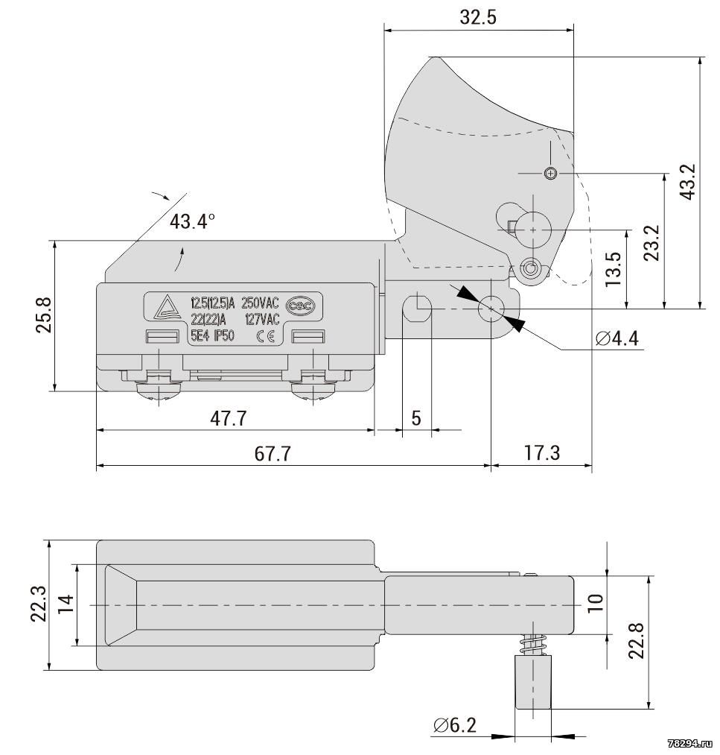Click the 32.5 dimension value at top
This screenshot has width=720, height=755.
477,17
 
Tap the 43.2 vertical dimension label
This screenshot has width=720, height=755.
688,182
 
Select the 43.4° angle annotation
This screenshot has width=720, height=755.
192,221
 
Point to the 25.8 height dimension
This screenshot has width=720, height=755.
43,315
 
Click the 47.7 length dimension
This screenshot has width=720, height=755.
228,418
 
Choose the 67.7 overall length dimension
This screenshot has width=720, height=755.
273,454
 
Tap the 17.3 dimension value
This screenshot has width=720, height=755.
541,453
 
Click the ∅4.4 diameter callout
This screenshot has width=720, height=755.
617,338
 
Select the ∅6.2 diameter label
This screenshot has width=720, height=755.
454,724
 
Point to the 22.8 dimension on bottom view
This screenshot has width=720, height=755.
636,640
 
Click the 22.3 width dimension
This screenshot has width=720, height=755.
39,604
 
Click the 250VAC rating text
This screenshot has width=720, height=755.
260,303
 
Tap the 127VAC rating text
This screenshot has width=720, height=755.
261,319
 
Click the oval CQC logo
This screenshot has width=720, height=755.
301,306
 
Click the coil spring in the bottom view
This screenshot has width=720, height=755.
533,644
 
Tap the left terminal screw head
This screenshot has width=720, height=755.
159,390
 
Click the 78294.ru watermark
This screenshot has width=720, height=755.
692,745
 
